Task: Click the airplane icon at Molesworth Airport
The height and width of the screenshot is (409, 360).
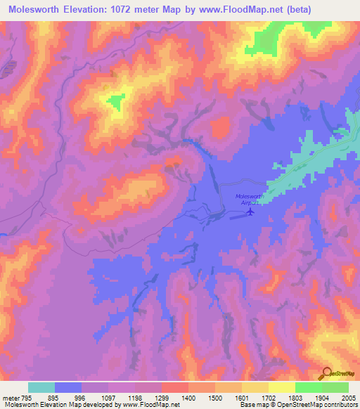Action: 250,212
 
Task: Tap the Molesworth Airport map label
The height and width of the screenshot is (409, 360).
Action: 248,199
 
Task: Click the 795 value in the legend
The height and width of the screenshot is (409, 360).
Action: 25,397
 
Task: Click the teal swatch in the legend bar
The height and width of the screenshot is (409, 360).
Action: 41,387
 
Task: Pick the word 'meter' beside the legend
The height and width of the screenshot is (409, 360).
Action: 10,397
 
